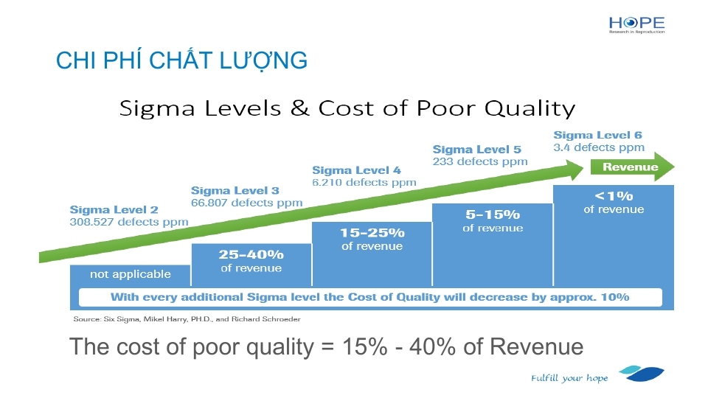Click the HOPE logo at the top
point(636,25)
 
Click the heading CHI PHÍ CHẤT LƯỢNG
point(181,61)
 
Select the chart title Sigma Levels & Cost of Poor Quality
point(347,108)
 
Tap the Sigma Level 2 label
point(114,210)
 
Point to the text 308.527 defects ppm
point(128,222)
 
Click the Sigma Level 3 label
point(235,191)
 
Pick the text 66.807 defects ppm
point(246,203)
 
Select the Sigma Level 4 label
point(356,170)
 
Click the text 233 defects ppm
point(480,161)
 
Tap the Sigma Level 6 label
point(598,136)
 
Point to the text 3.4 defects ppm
point(599,147)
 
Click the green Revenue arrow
point(632,167)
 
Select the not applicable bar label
point(131,274)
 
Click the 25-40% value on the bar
point(251,255)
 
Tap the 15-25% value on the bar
point(372,233)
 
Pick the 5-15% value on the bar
point(493,214)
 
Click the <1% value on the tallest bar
point(614,196)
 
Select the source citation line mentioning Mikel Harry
point(187,319)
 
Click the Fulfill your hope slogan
point(569,378)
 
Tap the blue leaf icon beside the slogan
point(642,374)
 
